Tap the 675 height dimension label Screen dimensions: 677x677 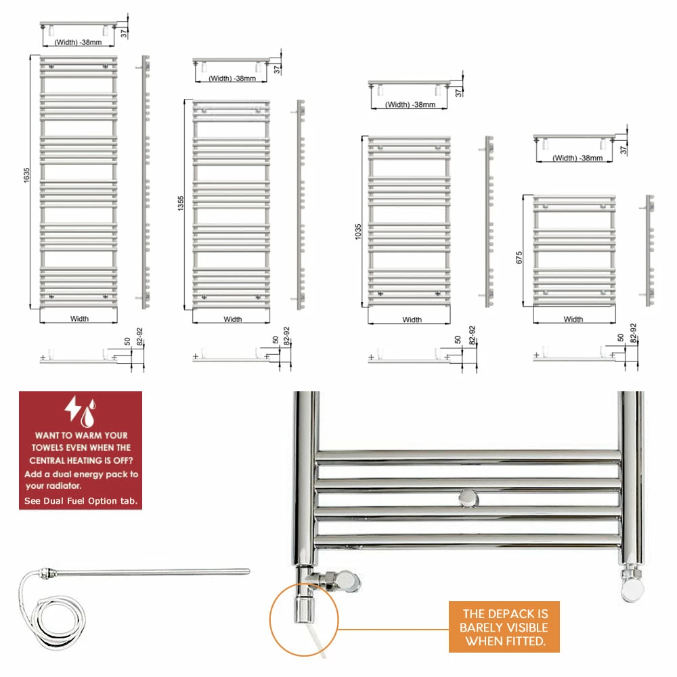click(520, 258)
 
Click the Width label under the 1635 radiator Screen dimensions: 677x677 click(79, 318)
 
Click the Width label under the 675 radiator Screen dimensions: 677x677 click(573, 319)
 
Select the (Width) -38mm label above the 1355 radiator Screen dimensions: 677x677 click(232, 79)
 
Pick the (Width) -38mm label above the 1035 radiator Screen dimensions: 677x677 click(410, 104)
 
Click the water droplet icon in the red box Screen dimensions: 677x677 click(87, 412)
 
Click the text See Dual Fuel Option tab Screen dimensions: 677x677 click(81, 501)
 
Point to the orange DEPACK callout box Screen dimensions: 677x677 click(504, 626)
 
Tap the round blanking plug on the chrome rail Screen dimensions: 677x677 click(467, 499)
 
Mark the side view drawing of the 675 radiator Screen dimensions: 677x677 click(650, 250)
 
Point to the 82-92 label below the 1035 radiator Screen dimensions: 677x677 click(472, 335)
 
